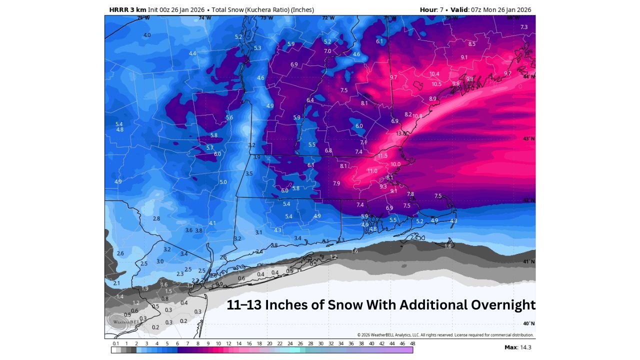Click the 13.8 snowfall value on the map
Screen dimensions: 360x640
[401, 133]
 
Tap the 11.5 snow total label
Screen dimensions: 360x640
[382, 156]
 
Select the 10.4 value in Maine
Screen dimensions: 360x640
[434, 74]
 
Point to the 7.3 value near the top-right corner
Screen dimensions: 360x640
[524, 27]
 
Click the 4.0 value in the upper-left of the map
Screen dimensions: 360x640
[147, 35]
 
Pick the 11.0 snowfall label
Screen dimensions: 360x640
[372, 171]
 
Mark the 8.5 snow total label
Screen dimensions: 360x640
[471, 44]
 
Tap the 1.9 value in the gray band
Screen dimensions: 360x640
[145, 289]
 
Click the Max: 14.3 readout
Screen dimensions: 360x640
[517, 347]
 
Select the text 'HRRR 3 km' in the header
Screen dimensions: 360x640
[127, 9]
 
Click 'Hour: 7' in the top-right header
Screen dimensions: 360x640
[431, 9]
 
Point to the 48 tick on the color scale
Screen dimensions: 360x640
[412, 343]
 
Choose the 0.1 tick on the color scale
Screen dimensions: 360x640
[116, 343]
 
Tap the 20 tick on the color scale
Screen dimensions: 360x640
[269, 343]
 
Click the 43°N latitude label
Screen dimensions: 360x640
[529, 138]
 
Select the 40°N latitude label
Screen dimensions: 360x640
[529, 323]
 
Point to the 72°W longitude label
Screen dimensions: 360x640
[328, 18]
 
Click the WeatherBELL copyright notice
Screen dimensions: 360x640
[445, 335]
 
